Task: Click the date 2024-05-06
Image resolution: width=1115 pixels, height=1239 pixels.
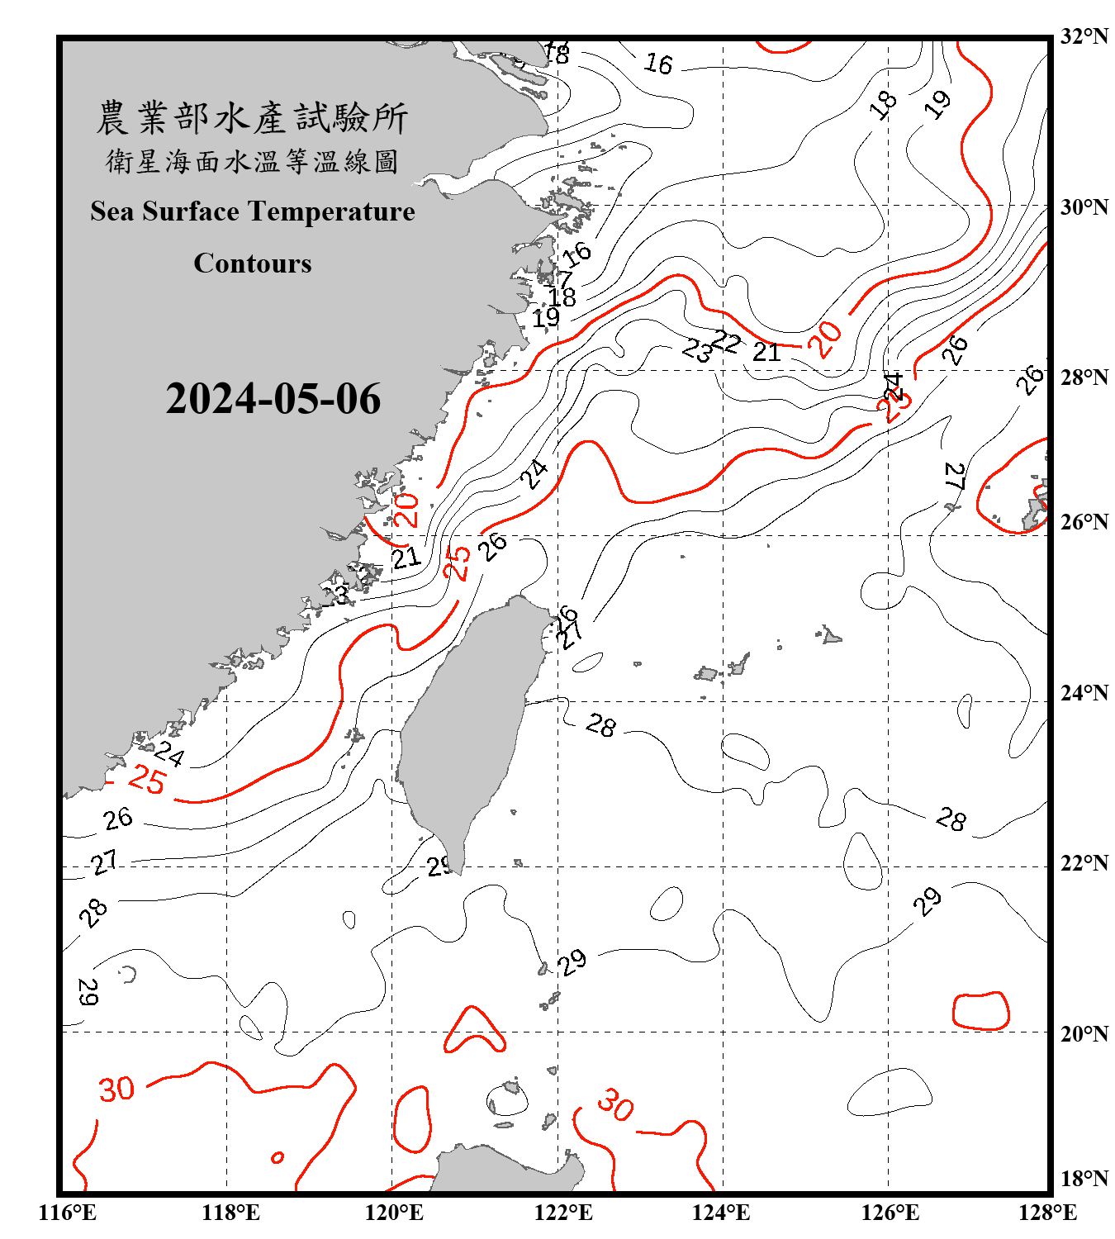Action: point(273,399)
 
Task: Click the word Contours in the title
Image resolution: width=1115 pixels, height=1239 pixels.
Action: point(253,263)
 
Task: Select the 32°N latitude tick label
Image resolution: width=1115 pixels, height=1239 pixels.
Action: point(1084,36)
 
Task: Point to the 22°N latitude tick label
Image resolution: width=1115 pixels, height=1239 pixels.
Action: point(1084,863)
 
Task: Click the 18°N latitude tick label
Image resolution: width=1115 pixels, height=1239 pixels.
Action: point(1084,1179)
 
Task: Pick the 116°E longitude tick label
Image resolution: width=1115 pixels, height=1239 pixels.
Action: point(68,1213)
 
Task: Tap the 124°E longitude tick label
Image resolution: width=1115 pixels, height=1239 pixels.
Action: point(721,1213)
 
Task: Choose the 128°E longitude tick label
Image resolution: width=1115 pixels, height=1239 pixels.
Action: point(1047,1213)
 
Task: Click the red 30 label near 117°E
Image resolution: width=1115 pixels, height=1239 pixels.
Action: point(116,1089)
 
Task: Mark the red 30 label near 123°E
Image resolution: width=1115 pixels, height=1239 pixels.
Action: point(615,1104)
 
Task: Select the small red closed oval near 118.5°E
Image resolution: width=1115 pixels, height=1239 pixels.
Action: point(278,1157)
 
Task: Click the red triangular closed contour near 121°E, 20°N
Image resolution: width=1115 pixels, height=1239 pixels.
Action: point(474,1032)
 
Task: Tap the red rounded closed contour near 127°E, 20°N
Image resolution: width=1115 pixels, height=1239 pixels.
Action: point(981,1010)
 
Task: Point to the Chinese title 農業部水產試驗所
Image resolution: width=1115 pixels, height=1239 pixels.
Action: point(253,118)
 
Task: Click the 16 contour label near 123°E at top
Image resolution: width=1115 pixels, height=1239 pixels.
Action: point(658,64)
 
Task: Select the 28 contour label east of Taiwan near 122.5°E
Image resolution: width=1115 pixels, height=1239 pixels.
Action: point(600,725)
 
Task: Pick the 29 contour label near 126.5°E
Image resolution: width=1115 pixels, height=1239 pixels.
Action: point(928,900)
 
